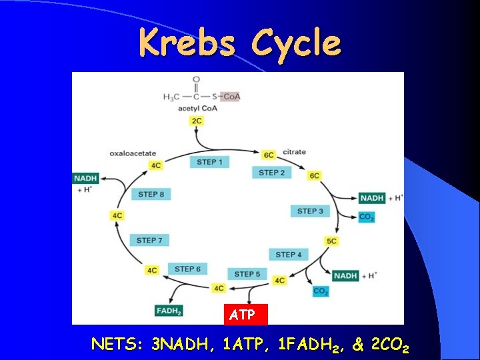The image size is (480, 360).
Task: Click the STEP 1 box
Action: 210,162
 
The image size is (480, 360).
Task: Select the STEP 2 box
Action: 272,173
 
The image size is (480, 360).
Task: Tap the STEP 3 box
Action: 310,211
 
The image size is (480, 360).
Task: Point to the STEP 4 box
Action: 289,254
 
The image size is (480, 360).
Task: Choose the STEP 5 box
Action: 248,274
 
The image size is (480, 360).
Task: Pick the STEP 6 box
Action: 187,269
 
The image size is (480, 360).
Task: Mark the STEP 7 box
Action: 150,240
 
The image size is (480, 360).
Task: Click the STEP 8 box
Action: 151,194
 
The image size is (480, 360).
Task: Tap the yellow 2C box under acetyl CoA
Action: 197,121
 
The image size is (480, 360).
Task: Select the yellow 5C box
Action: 331,241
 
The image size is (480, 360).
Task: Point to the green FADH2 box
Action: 169,311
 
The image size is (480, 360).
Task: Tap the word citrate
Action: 294,152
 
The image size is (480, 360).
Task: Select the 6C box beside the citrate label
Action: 269,155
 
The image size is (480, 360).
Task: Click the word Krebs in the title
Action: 187,43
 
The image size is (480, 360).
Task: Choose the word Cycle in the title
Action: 295,43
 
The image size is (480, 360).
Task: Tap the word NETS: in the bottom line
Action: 119,345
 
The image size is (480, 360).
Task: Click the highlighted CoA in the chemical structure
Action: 231,97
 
